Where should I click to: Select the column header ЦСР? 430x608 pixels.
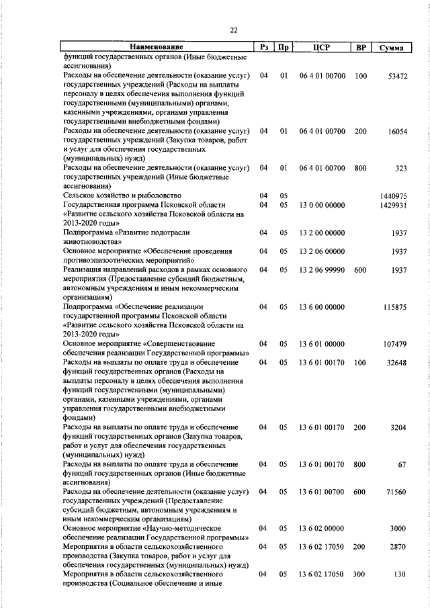click(322, 48)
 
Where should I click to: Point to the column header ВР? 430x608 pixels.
click(361, 48)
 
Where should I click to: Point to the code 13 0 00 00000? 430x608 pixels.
click(322, 205)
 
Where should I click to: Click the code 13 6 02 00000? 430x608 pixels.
click(322, 529)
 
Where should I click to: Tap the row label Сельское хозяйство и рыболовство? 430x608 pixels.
click(116, 196)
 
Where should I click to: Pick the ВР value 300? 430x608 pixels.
click(361, 576)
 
